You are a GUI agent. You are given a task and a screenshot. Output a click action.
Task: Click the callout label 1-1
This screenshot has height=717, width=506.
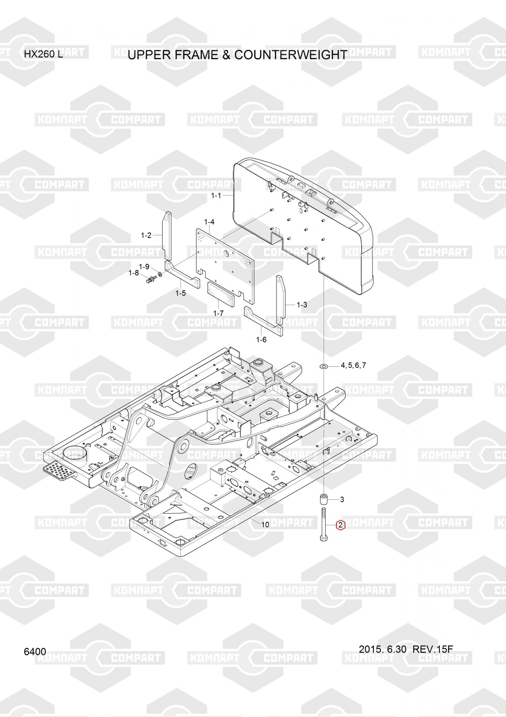[x=216, y=196]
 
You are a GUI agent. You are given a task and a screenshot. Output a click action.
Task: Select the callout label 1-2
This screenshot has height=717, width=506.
[x=146, y=236]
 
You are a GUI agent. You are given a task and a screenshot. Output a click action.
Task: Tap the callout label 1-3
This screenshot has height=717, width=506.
[x=302, y=305]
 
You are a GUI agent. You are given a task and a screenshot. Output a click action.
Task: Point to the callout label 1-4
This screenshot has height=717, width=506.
[x=209, y=222]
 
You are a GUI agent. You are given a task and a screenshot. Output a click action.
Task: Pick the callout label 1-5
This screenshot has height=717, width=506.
[x=180, y=293]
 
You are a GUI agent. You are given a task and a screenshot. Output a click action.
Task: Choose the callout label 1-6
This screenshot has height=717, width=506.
[x=261, y=339]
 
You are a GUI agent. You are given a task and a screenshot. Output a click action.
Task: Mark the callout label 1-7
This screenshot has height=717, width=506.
[x=218, y=313]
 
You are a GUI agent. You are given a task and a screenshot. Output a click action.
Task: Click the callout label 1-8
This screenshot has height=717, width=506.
[x=134, y=273]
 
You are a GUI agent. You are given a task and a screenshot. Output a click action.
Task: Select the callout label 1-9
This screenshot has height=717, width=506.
[x=144, y=267]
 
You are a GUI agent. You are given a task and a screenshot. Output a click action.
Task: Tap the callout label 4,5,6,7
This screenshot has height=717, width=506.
[x=353, y=366]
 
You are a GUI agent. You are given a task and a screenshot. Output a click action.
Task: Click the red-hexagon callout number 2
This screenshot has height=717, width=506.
[x=340, y=526]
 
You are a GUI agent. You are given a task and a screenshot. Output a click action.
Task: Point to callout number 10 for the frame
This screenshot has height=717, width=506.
[x=265, y=525]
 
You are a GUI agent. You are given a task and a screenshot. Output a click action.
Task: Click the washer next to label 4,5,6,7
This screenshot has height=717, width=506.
[x=324, y=366]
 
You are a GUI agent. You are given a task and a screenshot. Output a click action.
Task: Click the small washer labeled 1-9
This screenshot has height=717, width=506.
[x=160, y=275]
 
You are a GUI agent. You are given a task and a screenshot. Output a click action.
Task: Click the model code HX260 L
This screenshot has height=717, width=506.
[x=43, y=55]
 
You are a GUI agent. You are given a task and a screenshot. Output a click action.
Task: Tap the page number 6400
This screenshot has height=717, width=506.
[x=35, y=651]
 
